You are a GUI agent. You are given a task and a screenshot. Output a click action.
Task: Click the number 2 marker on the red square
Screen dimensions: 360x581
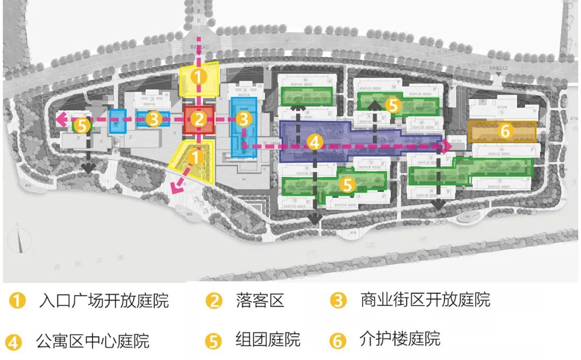[199, 120]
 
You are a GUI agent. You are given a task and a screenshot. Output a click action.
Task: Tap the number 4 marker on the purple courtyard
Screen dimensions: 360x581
[315, 142]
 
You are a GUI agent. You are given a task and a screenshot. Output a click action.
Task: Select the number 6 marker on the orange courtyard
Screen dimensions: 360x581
[504, 131]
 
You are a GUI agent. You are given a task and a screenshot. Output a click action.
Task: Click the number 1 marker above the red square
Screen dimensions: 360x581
[199, 77]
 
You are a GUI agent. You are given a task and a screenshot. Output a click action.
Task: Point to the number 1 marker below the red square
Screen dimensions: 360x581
[197, 157]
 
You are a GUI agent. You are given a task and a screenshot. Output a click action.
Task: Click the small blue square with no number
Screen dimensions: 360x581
[117, 121]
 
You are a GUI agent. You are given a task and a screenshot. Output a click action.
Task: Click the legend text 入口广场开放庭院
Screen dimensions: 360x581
[104, 300]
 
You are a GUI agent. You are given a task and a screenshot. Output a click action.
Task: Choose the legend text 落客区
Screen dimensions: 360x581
[259, 300]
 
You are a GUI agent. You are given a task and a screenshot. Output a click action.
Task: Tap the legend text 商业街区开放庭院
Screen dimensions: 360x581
[425, 300]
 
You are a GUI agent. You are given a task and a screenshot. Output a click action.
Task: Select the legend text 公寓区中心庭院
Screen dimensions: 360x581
[93, 341]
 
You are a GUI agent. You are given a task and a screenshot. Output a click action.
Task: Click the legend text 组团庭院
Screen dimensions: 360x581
[267, 340]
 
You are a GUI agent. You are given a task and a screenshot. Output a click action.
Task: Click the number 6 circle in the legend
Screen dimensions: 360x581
[338, 340]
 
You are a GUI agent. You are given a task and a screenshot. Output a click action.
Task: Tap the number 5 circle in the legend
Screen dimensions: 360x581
[214, 341]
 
